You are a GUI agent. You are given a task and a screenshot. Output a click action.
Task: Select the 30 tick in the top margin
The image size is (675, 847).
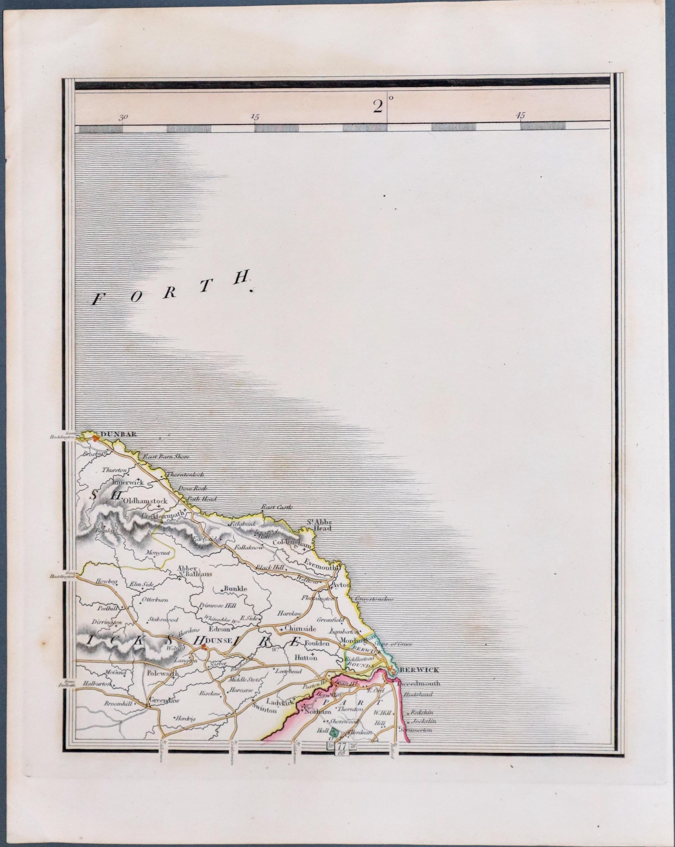[123, 117]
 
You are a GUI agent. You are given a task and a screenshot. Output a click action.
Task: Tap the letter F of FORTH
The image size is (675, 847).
[95, 301]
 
